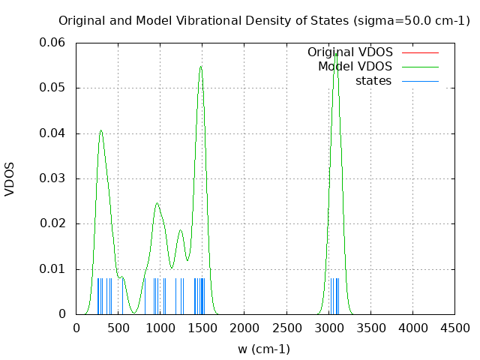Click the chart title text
pos(264,20)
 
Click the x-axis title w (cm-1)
pos(264,349)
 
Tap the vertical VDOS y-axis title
pos(10,178)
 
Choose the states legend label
pos(373,81)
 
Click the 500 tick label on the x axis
pos(118,328)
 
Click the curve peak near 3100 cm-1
pos(337,52)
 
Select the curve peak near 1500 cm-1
pos(201,67)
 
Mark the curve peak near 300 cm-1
pos(100,130)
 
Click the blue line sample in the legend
pos(420,81)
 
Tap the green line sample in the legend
pos(420,67)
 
